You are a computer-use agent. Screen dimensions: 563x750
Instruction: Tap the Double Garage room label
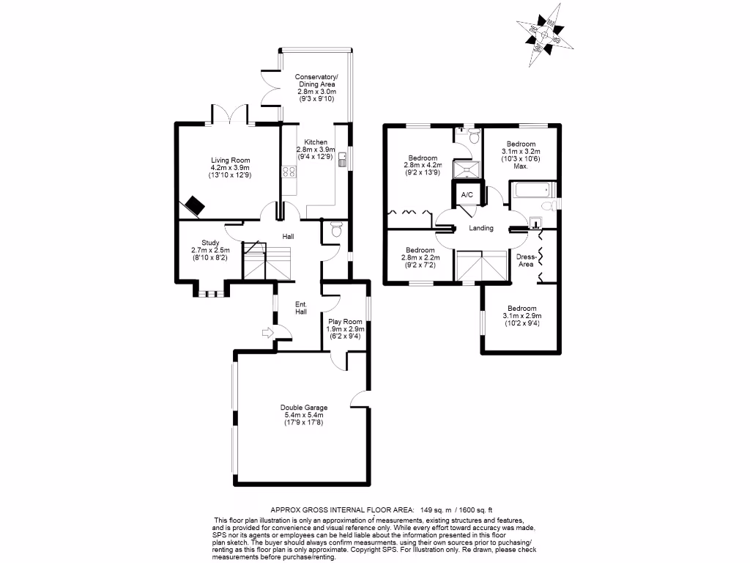pos(303,415)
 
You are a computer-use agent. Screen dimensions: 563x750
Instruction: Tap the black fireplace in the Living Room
pos(194,205)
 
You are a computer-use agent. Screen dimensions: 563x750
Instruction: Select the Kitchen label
pos(316,149)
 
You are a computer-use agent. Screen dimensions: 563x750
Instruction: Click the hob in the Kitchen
pos(289,173)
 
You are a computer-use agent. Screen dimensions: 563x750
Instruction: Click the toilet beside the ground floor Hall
pos(337,229)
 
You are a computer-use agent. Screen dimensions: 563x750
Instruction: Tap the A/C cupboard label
pos(467,194)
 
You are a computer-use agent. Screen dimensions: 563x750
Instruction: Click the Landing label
pos(481,228)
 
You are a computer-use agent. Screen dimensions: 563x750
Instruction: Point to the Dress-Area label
pos(525,260)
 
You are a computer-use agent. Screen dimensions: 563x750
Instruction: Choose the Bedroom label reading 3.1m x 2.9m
pos(520,316)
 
